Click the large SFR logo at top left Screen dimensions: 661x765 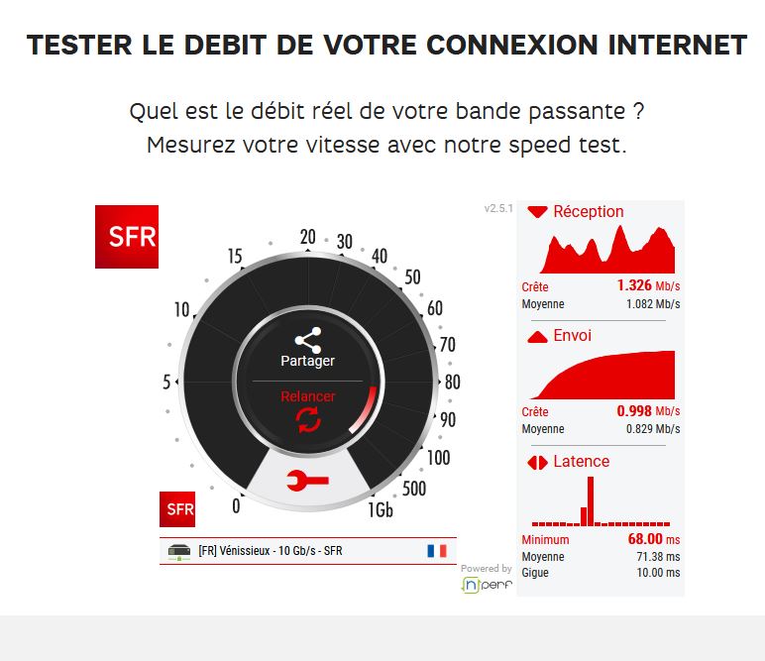coord(126,236)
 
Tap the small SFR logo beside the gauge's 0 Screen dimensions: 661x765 coord(177,509)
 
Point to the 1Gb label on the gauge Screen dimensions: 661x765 coord(380,510)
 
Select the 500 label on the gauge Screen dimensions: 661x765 coord(414,489)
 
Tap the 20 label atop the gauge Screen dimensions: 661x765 coord(307,237)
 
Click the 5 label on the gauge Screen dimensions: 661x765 coord(165,383)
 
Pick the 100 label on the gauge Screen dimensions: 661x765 coord(437,458)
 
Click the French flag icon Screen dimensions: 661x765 coord(437,551)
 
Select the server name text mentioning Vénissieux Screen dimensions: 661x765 coord(271,551)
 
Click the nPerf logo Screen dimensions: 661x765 coord(486,585)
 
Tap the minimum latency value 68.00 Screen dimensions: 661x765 coord(645,539)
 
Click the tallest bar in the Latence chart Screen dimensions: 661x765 coord(591,500)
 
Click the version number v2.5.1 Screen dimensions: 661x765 coord(498,209)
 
